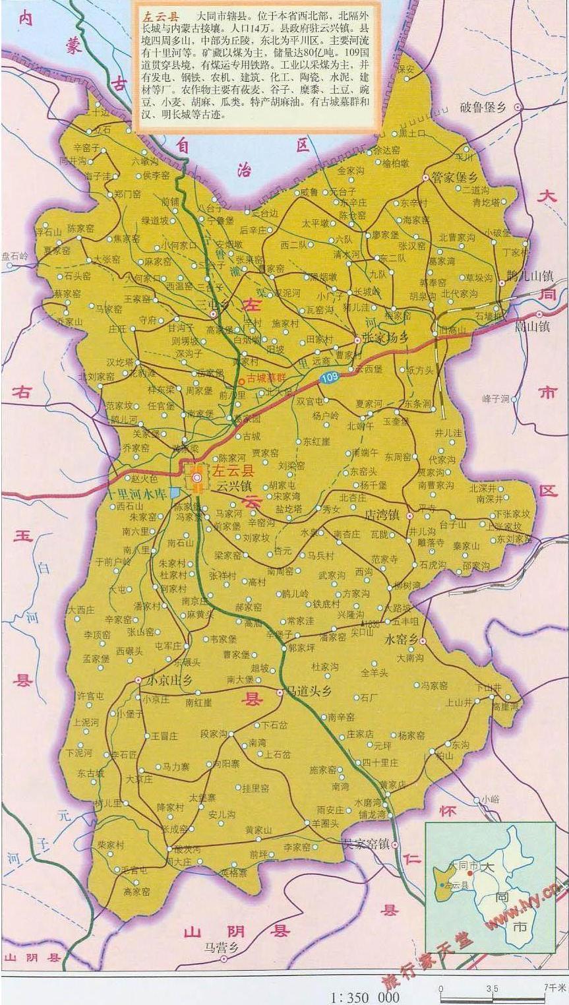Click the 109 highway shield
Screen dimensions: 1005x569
329,377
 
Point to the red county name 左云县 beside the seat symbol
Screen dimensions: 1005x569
233,471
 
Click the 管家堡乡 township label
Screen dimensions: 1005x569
454,177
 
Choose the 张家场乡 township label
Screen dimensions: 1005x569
391,337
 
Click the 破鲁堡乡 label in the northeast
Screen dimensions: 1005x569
483,107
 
